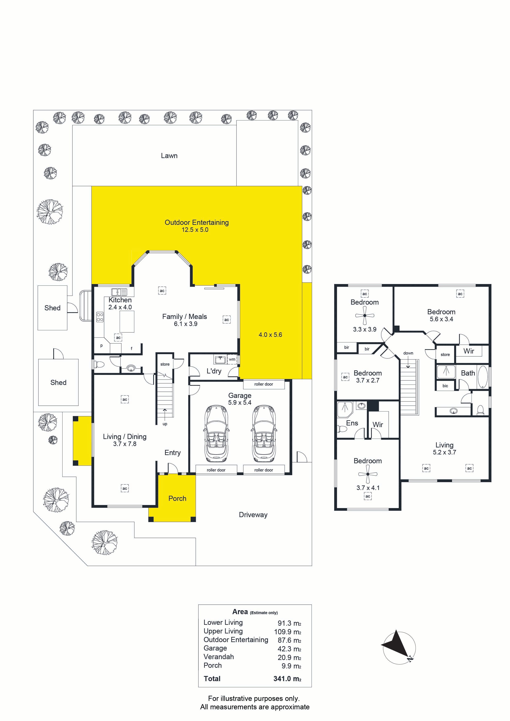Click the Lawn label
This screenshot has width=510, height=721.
click(169, 156)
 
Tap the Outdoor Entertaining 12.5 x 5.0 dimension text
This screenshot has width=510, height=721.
click(195, 230)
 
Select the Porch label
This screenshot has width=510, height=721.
click(177, 498)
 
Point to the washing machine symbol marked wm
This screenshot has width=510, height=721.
click(232, 359)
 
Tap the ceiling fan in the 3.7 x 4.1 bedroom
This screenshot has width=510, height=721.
click(368, 474)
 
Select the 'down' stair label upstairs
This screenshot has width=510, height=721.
click(408, 353)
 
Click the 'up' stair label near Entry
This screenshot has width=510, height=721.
click(165, 424)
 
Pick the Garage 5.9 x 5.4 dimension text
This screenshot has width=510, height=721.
click(240, 403)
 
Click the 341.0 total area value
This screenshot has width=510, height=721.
click(287, 679)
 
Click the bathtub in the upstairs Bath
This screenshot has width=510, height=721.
click(483, 376)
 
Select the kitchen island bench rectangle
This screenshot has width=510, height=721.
click(127, 322)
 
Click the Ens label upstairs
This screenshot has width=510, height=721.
click(352, 423)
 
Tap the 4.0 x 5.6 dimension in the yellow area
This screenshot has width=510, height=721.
click(270, 335)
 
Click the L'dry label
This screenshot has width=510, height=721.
click(214, 371)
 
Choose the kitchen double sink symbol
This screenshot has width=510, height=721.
click(119, 292)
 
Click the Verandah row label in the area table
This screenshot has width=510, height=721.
click(219, 657)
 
